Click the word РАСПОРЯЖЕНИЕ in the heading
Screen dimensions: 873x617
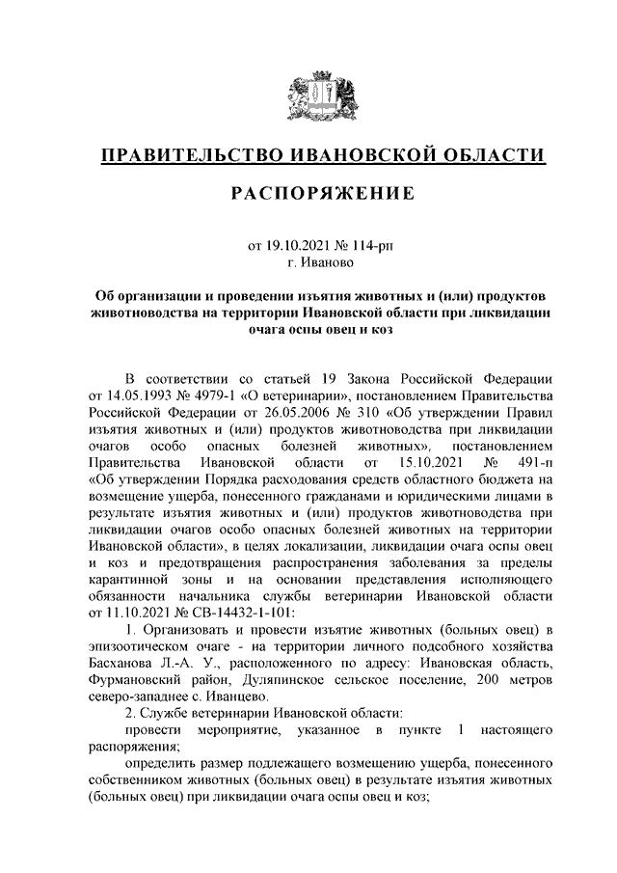tap(323, 195)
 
